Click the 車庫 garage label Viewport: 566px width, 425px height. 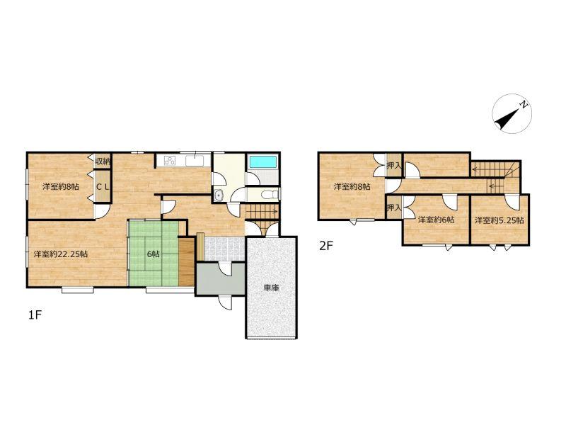coord(271,288)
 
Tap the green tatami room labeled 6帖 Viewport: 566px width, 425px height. coord(154,254)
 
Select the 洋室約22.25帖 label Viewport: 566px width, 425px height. coord(61,254)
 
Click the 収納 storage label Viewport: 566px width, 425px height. coord(103,161)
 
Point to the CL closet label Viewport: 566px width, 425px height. coord(103,187)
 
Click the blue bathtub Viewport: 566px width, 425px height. coord(263,161)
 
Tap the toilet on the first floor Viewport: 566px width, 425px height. coord(269,194)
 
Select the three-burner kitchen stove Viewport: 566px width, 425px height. coord(170,161)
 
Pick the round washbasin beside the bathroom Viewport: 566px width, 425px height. coord(219,195)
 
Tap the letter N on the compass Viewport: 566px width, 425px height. coord(524,105)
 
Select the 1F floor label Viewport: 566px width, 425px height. coord(36,315)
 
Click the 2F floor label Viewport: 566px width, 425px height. coord(325,246)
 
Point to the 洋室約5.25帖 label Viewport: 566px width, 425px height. coord(499,220)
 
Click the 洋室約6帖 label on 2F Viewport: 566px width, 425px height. coord(437,220)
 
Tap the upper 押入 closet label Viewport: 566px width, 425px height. coord(394,166)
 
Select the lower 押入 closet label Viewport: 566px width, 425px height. coord(394,208)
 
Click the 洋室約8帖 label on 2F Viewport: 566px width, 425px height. coord(352,187)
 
